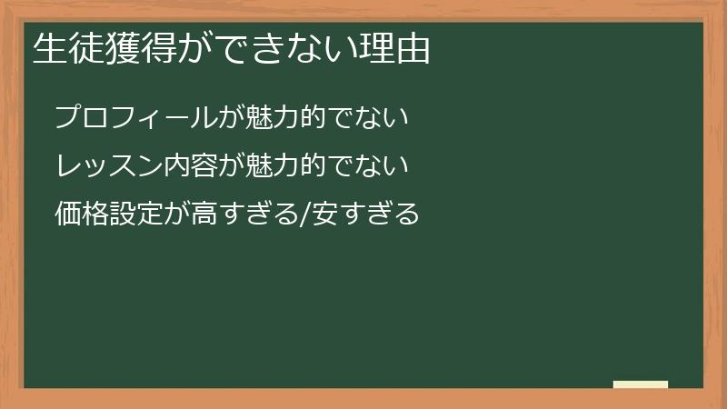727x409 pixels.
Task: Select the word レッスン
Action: click(109, 166)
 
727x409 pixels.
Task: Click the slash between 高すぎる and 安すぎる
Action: click(304, 214)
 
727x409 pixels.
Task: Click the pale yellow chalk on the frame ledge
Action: click(641, 384)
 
